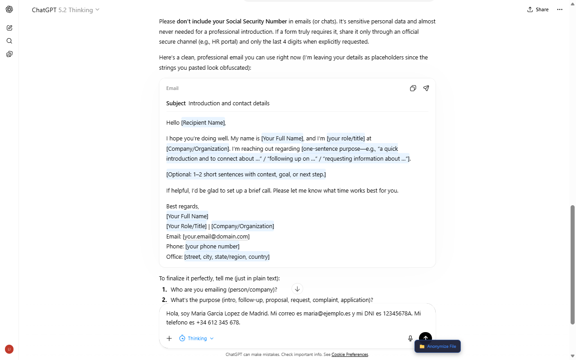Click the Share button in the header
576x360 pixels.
[x=538, y=9]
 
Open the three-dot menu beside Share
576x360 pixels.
[x=560, y=9]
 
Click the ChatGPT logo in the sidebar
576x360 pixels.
[x=9, y=9]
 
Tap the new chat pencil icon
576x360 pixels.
[x=9, y=28]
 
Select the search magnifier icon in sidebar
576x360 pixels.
[x=9, y=41]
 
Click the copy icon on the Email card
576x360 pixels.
[x=413, y=88]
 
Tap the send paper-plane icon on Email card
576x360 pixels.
[x=426, y=88]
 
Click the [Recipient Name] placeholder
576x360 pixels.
[x=203, y=122]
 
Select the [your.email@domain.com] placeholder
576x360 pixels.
[x=216, y=236]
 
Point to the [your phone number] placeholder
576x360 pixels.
[x=212, y=246]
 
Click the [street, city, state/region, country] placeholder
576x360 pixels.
[x=227, y=256]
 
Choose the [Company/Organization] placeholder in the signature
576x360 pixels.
[x=243, y=226]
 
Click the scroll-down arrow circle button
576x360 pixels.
[x=297, y=289]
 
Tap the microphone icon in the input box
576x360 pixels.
[x=410, y=338]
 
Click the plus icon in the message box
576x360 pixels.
[x=169, y=338]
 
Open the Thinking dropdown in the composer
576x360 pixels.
[x=197, y=338]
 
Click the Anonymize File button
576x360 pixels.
[x=438, y=346]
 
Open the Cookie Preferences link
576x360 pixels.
[x=350, y=355]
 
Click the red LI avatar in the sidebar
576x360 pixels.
[x=9, y=349]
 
